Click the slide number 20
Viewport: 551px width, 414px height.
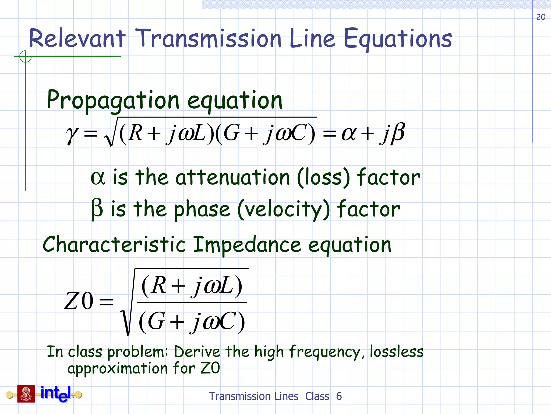pyautogui.click(x=541, y=17)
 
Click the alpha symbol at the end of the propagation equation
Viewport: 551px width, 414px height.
pyautogui.click(x=349, y=133)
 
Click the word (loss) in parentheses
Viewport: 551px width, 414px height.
pyautogui.click(x=323, y=178)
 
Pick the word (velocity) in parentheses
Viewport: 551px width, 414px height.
pyautogui.click(x=284, y=210)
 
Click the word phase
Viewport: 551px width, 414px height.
pyautogui.click(x=202, y=210)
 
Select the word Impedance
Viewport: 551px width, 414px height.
pyautogui.click(x=247, y=245)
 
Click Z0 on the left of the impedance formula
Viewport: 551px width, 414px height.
pyautogui.click(x=79, y=301)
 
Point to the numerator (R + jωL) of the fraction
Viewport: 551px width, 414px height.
pyautogui.click(x=192, y=286)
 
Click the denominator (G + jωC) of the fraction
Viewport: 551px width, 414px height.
pyautogui.click(x=192, y=321)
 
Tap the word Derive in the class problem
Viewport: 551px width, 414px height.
pyautogui.click(x=197, y=352)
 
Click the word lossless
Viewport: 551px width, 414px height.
pyautogui.click(x=397, y=351)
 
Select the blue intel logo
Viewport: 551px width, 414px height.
pyautogui.click(x=56, y=394)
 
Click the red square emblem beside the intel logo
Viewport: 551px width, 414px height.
pyautogui.click(x=26, y=394)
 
